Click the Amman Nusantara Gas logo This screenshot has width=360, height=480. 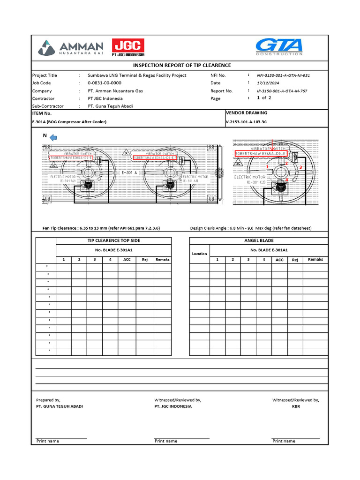click(70, 48)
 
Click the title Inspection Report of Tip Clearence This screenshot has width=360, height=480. click(182, 65)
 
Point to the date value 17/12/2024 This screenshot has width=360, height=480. click(270, 83)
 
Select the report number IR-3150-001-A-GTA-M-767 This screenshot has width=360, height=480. click(282, 91)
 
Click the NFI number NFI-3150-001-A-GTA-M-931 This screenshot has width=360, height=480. click(283, 75)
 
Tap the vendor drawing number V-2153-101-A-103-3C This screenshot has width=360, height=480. click(246, 121)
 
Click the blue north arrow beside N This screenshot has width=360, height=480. click(53, 137)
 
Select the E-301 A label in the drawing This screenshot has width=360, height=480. click(129, 172)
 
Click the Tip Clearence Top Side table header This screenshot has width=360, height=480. click(114, 240)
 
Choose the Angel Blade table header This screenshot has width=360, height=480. click(259, 240)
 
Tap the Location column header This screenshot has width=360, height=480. click(199, 254)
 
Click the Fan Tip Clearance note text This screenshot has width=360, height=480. click(101, 228)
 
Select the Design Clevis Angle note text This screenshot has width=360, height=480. click(250, 228)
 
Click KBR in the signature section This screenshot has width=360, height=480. click(296, 406)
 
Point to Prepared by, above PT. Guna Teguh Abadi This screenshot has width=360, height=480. click(48, 400)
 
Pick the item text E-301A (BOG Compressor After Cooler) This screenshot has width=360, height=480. click(69, 122)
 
